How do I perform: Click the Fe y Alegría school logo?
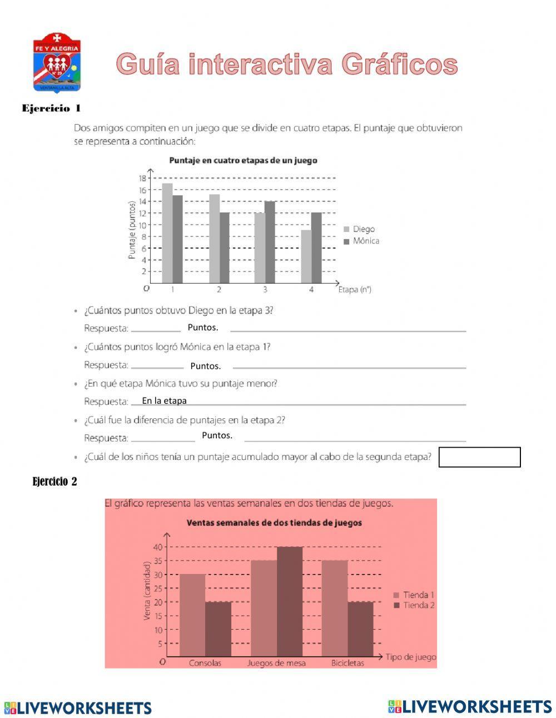(x=57, y=62)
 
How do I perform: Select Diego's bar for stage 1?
(x=167, y=234)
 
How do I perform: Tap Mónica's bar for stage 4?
(x=316, y=248)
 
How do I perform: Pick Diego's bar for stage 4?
(x=306, y=257)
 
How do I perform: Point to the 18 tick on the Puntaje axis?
(x=142, y=178)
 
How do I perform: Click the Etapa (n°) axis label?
(x=355, y=289)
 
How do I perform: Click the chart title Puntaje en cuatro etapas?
(x=243, y=160)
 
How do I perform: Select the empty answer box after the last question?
(x=479, y=457)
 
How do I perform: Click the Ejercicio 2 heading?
(x=54, y=482)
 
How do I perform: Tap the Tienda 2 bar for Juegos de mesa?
(x=290, y=602)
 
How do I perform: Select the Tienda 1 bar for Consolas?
(x=192, y=615)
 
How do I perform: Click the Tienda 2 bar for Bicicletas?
(x=360, y=629)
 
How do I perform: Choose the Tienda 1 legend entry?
(x=414, y=595)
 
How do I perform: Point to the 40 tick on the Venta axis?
(x=158, y=547)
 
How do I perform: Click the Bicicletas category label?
(x=348, y=663)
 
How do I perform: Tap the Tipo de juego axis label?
(x=411, y=657)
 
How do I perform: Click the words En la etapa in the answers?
(x=164, y=400)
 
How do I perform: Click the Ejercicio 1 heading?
(x=51, y=108)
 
